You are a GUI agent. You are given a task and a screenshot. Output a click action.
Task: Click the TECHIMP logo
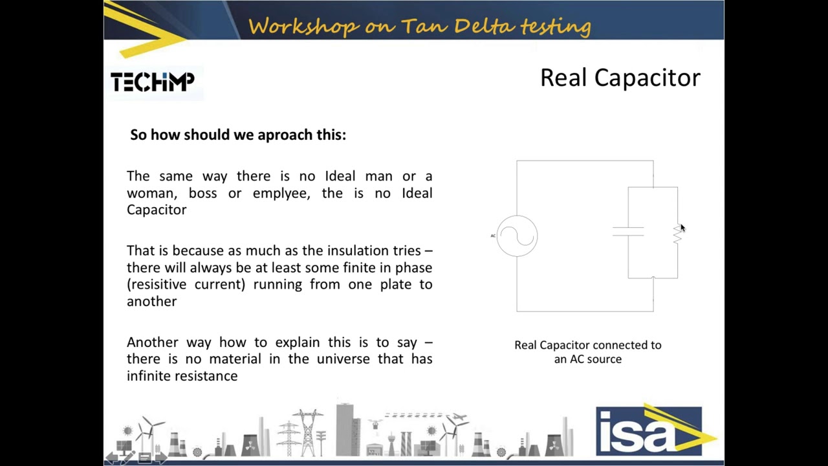153,82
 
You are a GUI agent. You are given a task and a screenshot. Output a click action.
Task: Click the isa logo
649,431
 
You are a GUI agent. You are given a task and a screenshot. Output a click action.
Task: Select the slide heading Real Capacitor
620,78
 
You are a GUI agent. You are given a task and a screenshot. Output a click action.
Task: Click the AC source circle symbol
517,236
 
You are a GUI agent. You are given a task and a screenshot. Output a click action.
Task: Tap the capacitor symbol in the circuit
628,232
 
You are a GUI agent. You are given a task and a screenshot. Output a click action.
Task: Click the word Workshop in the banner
303,26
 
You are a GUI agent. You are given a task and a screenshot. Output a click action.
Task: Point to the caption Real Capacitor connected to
587,345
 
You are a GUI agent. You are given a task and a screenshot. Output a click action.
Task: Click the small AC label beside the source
493,236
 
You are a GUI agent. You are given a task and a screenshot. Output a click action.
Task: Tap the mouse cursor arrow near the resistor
682,227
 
